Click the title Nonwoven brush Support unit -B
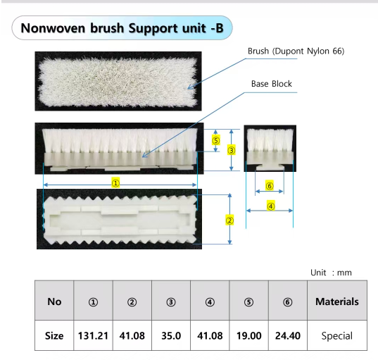click(x=122, y=28)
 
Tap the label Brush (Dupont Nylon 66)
click(x=296, y=51)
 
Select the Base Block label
click(x=271, y=84)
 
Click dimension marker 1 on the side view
click(x=116, y=182)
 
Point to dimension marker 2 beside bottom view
click(x=229, y=219)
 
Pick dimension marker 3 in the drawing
click(x=231, y=150)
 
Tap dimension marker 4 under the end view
click(x=270, y=206)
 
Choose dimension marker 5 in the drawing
click(x=216, y=140)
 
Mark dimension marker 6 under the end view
click(x=269, y=186)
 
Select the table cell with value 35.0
click(x=171, y=336)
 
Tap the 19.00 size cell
click(x=248, y=336)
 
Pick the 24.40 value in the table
click(x=287, y=336)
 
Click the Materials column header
click(x=336, y=302)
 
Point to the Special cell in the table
click(x=336, y=336)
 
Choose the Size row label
click(x=54, y=336)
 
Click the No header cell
click(x=54, y=302)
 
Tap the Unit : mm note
click(x=331, y=273)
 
